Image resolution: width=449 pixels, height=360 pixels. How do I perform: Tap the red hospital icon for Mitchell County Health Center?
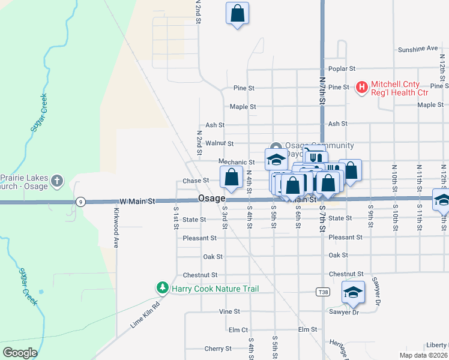361,88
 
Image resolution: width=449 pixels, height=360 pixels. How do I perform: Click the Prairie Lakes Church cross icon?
57,181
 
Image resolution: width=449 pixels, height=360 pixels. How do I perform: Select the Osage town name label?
211,199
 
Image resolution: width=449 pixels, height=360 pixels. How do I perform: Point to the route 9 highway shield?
80,202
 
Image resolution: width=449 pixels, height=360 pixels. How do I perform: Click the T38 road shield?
322,292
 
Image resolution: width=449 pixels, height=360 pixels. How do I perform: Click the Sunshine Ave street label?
418,49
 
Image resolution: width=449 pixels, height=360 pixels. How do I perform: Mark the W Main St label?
137,200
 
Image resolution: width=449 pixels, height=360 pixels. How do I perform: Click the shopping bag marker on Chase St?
231,176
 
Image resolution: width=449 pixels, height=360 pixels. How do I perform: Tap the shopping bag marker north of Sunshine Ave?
237,13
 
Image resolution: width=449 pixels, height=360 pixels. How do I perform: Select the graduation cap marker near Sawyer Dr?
353,292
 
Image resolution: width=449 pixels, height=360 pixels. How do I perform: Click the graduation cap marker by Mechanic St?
276,159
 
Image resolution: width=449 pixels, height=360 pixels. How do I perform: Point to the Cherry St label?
218,349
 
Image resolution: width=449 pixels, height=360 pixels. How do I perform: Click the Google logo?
20,353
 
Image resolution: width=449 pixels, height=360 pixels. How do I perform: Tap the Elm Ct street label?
238,330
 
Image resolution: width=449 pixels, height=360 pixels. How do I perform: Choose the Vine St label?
229,312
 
